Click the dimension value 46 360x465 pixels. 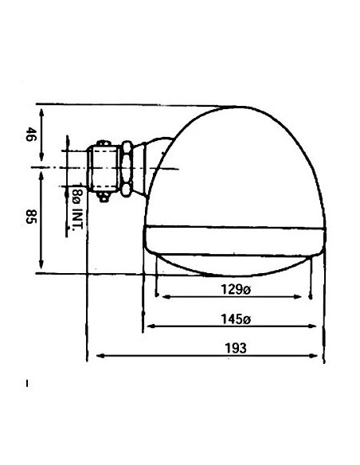click(x=30, y=135)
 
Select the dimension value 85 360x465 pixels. click(x=30, y=217)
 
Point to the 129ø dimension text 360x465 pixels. click(x=233, y=290)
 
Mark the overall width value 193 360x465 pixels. click(x=234, y=348)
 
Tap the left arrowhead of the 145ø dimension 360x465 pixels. click(x=147, y=326)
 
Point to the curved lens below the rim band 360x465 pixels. click(x=234, y=264)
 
